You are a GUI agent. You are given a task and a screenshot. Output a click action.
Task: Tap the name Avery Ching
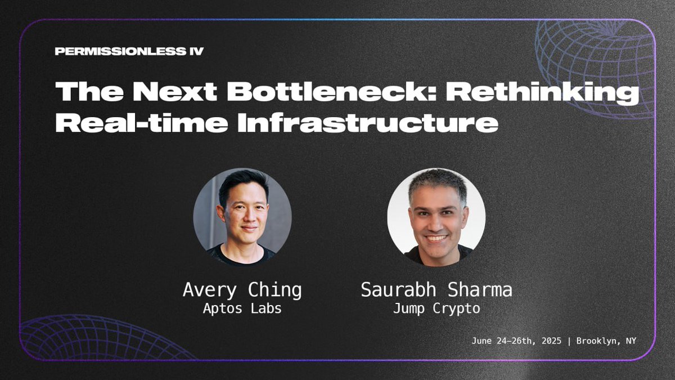coord(242,290)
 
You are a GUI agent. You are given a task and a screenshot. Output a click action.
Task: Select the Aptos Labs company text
coord(242,310)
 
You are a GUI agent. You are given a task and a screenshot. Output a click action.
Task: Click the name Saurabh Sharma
coord(436,290)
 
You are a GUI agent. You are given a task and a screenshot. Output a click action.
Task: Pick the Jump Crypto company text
coord(436,310)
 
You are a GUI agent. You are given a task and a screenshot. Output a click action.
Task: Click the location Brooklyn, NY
coord(606,341)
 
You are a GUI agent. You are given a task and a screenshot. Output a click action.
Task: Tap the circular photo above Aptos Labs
coord(242,217)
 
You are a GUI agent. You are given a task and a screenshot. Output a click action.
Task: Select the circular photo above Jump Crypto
coord(436,217)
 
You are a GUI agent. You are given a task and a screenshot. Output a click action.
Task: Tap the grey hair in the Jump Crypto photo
coord(438,181)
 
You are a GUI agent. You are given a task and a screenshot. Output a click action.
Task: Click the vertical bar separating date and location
coord(571,341)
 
